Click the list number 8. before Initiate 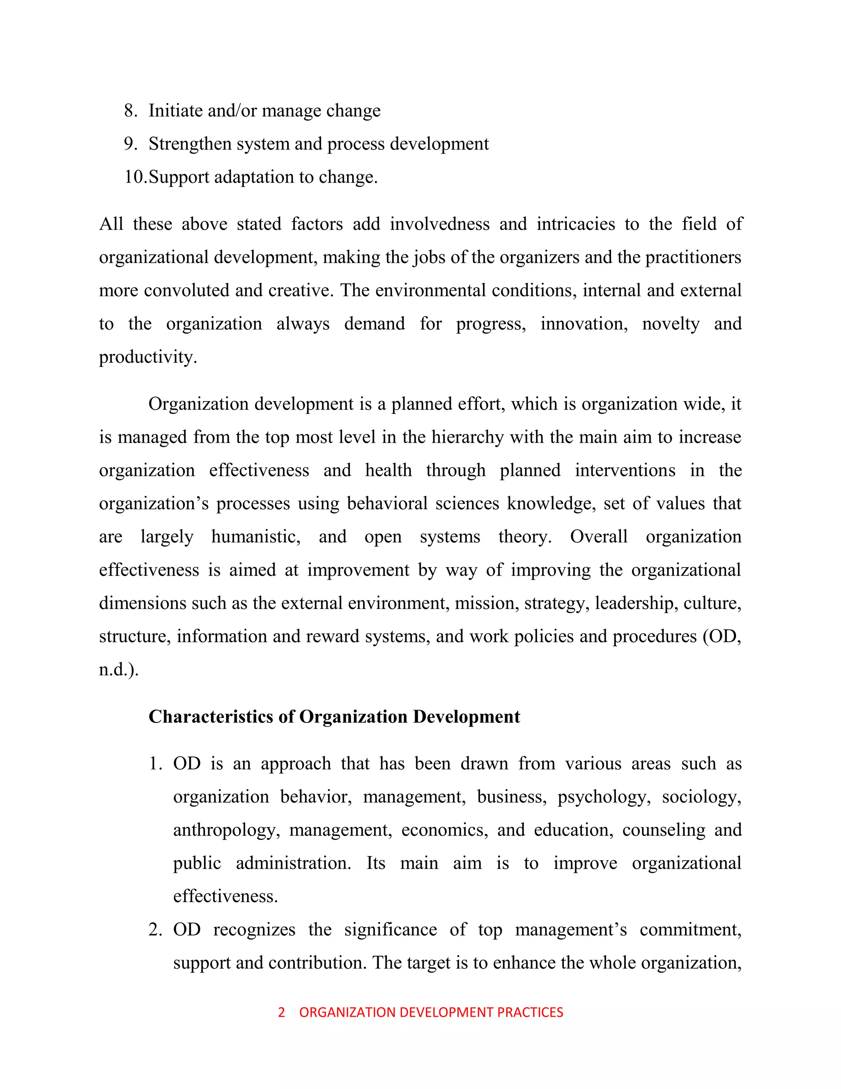(131, 111)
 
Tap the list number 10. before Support (136, 177)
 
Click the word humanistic (255, 537)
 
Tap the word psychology (603, 797)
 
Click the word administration (293, 863)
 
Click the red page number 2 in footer (281, 1012)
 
